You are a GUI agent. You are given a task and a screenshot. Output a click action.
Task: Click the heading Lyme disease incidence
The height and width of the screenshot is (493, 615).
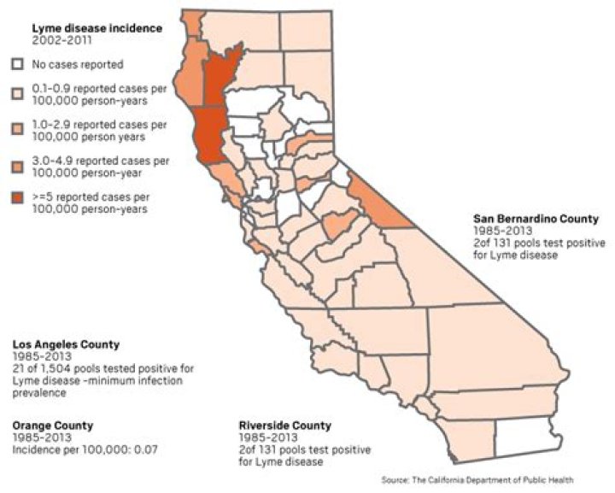97,28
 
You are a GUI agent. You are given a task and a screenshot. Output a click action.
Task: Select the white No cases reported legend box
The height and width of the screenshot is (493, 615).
17,64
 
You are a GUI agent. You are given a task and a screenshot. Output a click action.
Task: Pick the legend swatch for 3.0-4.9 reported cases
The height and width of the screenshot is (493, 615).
17,161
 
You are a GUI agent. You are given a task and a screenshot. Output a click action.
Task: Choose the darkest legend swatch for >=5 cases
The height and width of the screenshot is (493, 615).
17,197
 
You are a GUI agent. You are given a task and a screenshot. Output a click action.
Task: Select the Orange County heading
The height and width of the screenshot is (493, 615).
52,426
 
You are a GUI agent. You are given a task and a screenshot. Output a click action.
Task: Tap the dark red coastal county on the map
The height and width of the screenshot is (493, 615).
208,137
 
